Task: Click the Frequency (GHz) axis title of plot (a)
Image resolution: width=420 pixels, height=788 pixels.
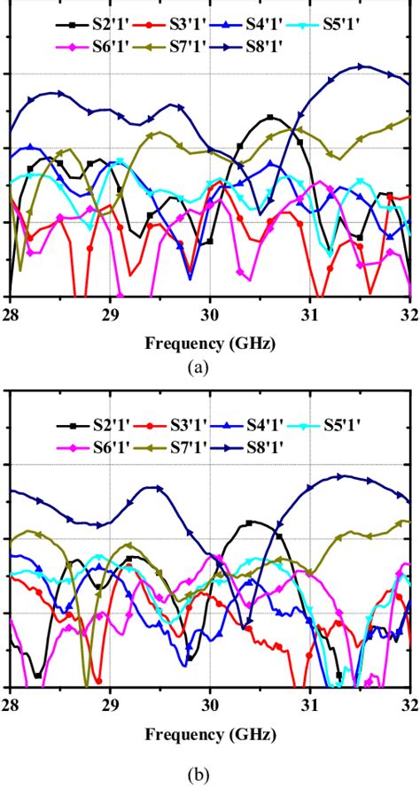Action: [x=210, y=340]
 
